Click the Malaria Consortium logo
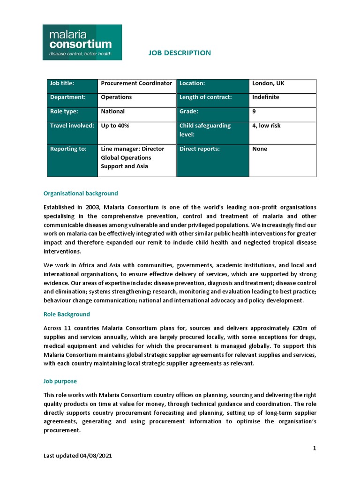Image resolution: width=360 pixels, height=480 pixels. click(x=82, y=42)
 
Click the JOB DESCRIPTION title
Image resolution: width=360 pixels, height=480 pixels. click(x=180, y=53)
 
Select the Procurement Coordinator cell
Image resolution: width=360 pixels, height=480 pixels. click(x=136, y=83)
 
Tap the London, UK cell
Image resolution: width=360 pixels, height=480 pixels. click(x=268, y=83)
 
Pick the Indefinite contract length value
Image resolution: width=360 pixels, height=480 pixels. click(x=265, y=97)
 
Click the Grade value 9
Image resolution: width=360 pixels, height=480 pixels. click(x=255, y=112)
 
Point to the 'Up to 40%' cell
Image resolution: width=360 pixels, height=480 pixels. click(x=115, y=126)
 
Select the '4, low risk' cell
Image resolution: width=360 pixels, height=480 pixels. click(x=266, y=126)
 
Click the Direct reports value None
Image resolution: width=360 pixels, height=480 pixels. click(x=260, y=149)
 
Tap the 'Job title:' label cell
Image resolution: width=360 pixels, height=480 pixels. click(x=62, y=83)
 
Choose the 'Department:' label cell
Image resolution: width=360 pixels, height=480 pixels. click(x=68, y=97)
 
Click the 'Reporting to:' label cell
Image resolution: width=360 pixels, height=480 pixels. click(x=68, y=149)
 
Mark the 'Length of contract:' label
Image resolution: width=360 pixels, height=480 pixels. click(x=206, y=97)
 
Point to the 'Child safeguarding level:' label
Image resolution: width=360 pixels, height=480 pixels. click(x=205, y=130)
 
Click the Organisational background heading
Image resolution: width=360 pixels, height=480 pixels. click(x=81, y=193)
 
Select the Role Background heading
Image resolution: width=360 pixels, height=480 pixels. click(x=67, y=314)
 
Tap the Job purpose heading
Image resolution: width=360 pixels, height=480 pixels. click(x=60, y=382)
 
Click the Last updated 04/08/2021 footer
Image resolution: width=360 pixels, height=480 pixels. click(x=78, y=456)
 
